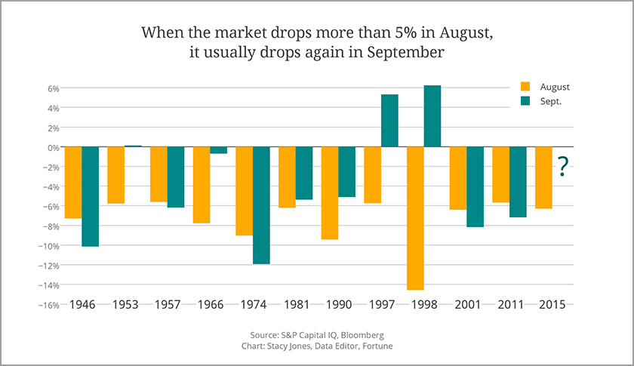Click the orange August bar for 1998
coord(415,218)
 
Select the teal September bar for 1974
coord(261,205)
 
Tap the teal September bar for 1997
coord(389,121)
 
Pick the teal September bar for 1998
coord(432,116)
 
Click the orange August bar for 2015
coord(543,177)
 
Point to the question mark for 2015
coord(562,168)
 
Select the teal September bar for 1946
coord(91,196)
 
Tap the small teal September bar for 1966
coord(219,150)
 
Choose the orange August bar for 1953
coord(116,175)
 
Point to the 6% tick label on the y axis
coord(49,88)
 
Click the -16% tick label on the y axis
coord(47,305)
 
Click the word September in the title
coord(408,54)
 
